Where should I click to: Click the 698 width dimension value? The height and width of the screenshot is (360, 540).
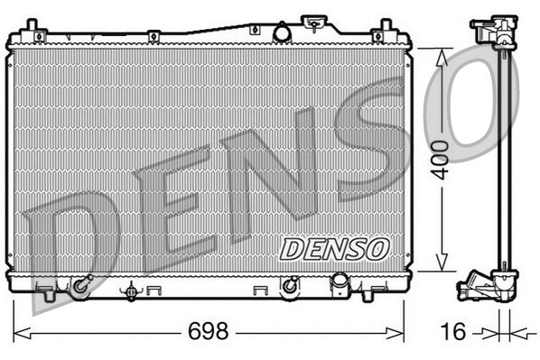209,331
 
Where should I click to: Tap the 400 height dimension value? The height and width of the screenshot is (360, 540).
440,161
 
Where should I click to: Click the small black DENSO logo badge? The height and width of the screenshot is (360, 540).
333,247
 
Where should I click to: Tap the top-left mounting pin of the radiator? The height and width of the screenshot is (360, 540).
33,24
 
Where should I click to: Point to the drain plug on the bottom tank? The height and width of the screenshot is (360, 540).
132,291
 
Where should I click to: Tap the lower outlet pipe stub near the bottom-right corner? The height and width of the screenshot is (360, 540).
341,286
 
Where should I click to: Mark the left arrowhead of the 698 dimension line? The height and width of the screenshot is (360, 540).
19,333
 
